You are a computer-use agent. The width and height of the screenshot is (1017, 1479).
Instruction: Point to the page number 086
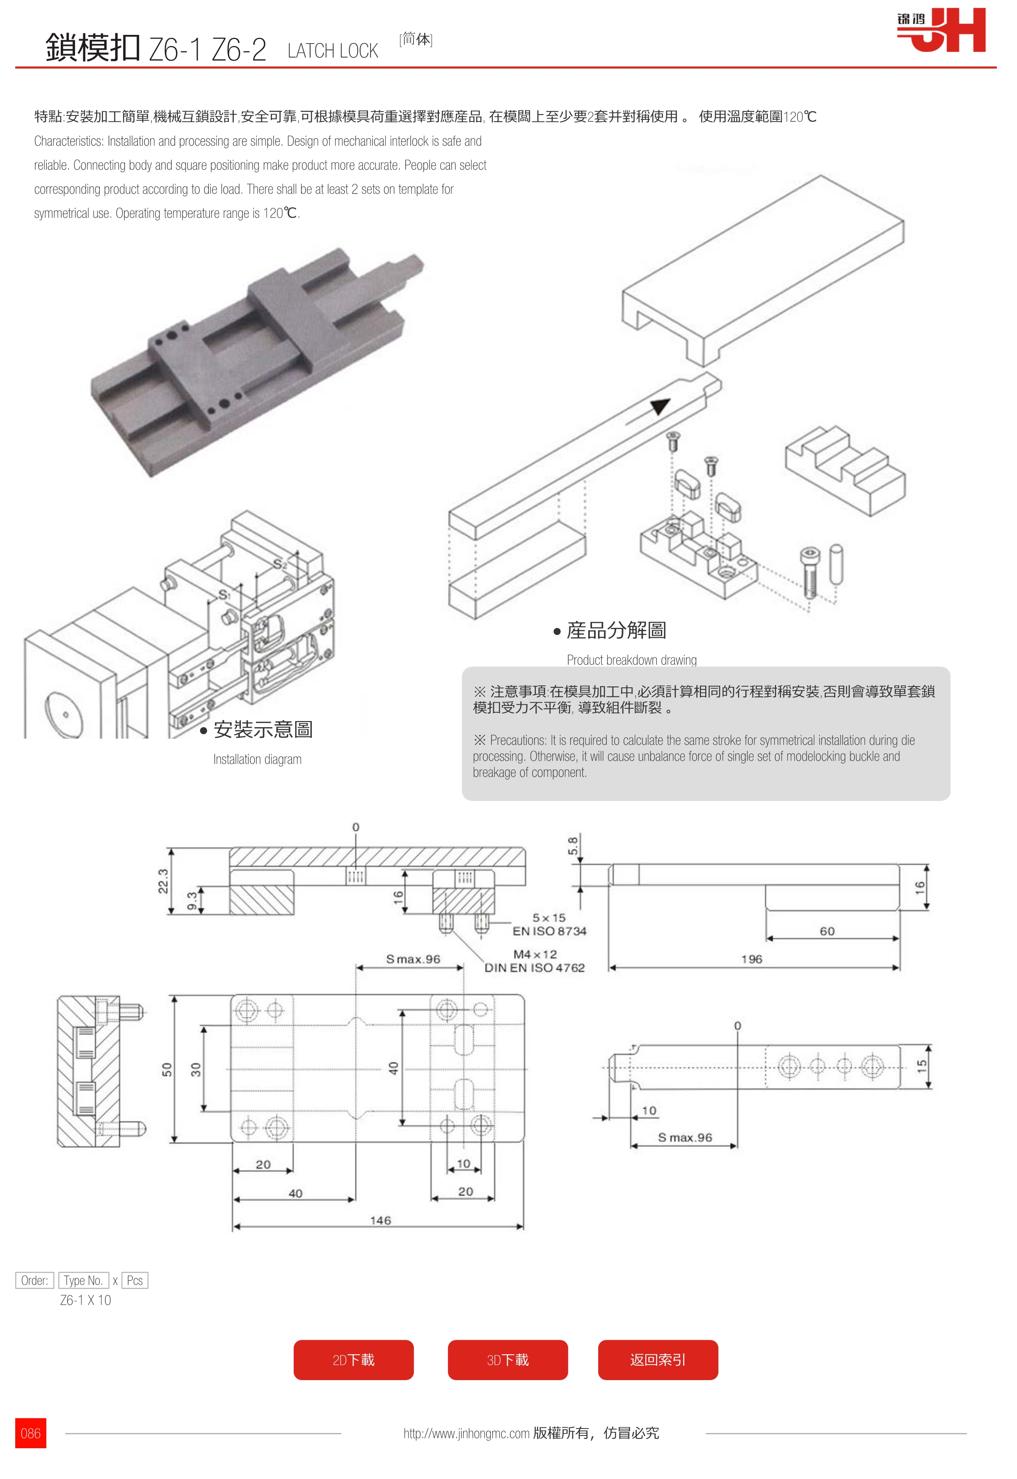[x=31, y=1433]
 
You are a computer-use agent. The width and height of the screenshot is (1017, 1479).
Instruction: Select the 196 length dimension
[x=752, y=959]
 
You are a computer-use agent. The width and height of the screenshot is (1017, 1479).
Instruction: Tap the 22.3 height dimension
[x=163, y=881]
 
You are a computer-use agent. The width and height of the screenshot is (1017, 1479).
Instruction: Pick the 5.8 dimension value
[x=573, y=846]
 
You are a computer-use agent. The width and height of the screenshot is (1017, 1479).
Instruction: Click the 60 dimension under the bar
[x=827, y=932]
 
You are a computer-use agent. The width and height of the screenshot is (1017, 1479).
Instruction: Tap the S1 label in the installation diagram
[x=224, y=595]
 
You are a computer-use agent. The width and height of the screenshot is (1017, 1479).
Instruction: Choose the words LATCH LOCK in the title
[x=333, y=51]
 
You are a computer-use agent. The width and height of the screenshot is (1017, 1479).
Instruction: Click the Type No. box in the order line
[x=83, y=1280]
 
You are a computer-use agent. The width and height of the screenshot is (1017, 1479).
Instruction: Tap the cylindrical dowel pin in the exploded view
[x=836, y=564]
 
